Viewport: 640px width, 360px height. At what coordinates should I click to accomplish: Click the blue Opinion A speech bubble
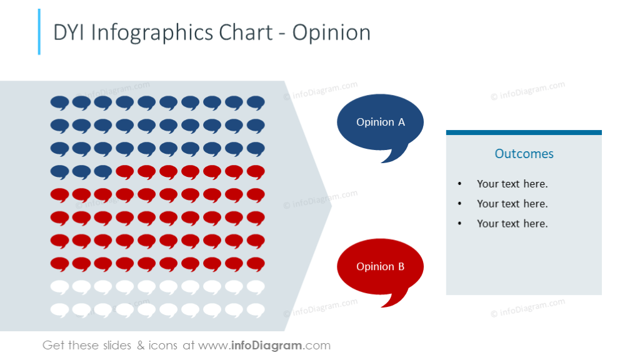point(380,122)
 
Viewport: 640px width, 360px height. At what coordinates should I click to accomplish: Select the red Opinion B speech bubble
point(380,267)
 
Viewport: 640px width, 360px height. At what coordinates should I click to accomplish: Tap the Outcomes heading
point(524,154)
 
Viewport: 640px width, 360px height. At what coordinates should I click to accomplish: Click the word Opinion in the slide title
point(331,32)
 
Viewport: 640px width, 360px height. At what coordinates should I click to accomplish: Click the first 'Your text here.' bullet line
point(512,184)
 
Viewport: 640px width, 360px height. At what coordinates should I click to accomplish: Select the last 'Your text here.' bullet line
point(512,224)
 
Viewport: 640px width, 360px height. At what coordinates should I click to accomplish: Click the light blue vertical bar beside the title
point(39,31)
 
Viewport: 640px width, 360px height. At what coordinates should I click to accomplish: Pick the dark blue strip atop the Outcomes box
point(524,132)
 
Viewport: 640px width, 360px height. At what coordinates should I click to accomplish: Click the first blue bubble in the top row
point(59,102)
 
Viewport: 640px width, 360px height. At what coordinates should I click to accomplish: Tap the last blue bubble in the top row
point(256,102)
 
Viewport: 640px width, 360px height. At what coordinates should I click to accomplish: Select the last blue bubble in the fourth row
point(103,171)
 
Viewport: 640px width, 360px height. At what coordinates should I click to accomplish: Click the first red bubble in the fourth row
point(125,171)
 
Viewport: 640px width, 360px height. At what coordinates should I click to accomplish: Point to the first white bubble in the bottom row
point(59,309)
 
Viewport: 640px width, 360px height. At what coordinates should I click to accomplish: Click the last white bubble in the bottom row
point(256,309)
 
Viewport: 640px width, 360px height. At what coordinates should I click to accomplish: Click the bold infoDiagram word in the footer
point(267,346)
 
